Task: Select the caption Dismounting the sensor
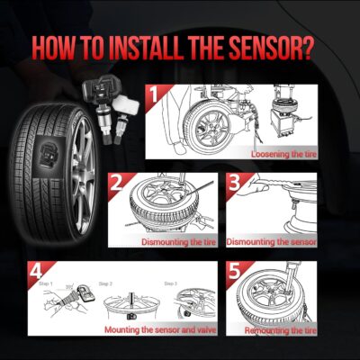[271, 242]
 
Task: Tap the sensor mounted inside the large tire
[44, 157]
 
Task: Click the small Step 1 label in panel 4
[46, 283]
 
